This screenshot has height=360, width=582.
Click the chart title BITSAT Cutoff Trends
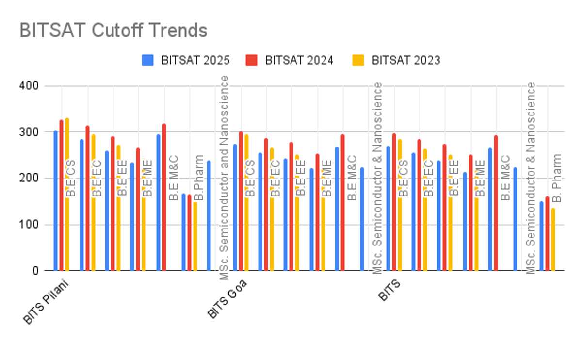click(113, 31)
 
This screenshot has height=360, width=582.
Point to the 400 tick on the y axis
click(30, 86)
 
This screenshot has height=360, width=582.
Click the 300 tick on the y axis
click(30, 132)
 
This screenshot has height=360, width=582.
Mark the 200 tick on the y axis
click(30, 178)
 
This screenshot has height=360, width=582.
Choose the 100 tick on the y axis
click(30, 225)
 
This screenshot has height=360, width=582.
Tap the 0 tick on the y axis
click(35, 271)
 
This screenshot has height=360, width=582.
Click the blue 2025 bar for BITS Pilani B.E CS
click(56, 200)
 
